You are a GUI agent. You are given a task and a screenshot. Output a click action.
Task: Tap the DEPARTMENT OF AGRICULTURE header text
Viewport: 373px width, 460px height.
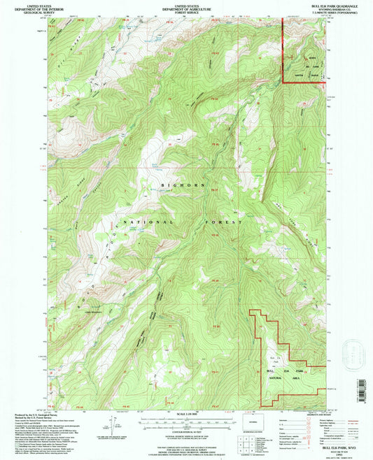186,8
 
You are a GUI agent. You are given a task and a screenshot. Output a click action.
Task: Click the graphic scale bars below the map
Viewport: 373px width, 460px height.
187,422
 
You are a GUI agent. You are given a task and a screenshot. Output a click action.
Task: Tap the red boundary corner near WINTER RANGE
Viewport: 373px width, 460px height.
283,82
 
